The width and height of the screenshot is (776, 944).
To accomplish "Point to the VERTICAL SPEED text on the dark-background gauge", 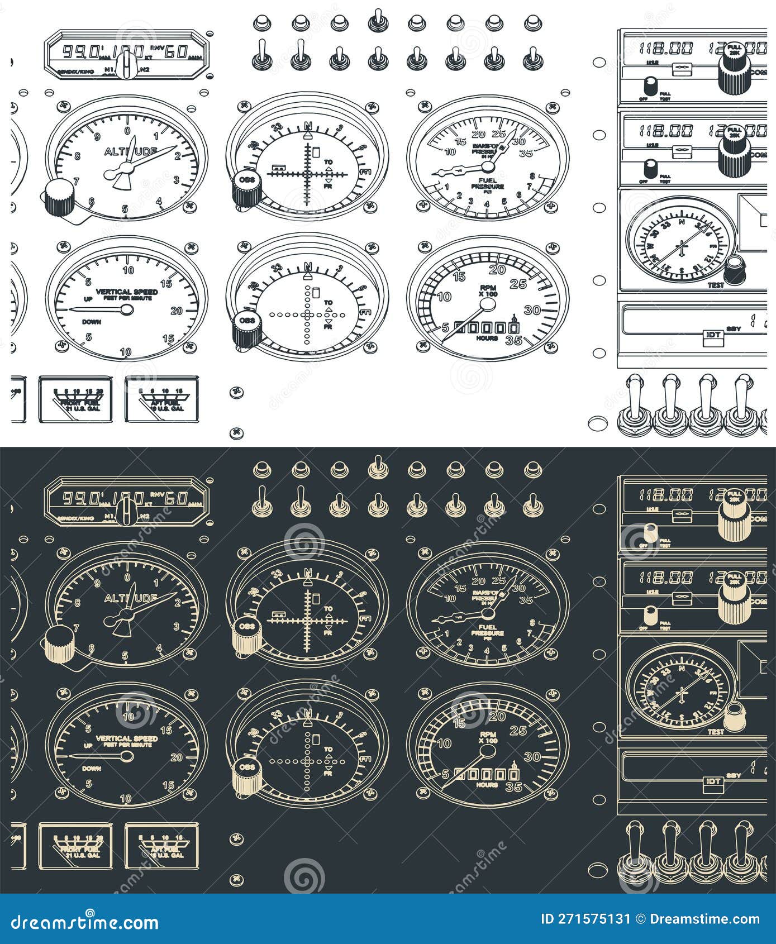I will coord(127,738).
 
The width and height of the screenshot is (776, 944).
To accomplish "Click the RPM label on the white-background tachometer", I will coord(488,288).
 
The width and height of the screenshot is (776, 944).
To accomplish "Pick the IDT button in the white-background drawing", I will coord(713,335).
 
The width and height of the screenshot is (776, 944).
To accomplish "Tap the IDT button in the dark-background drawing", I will coord(713,781).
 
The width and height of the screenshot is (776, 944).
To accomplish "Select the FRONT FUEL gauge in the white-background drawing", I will coord(75,398).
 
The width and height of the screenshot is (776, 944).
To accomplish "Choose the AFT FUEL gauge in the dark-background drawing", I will coord(161,845).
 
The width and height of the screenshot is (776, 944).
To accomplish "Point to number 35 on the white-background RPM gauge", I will coord(513,340).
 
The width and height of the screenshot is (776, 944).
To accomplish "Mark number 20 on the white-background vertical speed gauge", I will coord(177,311).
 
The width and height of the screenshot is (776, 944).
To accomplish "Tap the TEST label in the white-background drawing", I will coord(716,285).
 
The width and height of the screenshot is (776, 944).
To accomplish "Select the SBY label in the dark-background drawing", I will coord(734,776).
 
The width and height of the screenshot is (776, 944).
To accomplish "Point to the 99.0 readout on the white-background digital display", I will coord(79,51).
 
